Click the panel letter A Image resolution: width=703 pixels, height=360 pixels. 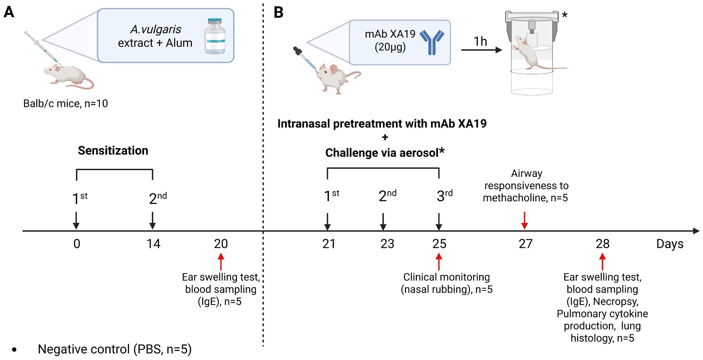[x=9, y=12]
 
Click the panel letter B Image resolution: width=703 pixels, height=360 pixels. [x=278, y=12]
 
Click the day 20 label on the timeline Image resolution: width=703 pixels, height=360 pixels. [x=221, y=244]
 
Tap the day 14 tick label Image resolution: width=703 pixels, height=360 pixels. [x=153, y=244]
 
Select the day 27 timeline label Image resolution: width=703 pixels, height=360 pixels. [x=525, y=244]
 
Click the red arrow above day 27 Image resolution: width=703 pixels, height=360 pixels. [x=524, y=220]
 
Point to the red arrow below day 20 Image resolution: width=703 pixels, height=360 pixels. [x=221, y=262]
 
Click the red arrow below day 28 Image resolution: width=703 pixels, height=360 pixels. [x=602, y=262]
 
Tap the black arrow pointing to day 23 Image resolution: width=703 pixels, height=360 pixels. [x=383, y=221]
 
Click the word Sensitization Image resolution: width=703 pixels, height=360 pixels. [x=113, y=150]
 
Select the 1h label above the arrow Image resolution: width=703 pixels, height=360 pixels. [x=480, y=41]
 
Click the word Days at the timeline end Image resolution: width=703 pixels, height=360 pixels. [x=670, y=244]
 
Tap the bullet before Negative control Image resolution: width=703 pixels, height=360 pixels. [x=14, y=350]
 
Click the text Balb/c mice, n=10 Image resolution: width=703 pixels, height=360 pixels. [x=65, y=104]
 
